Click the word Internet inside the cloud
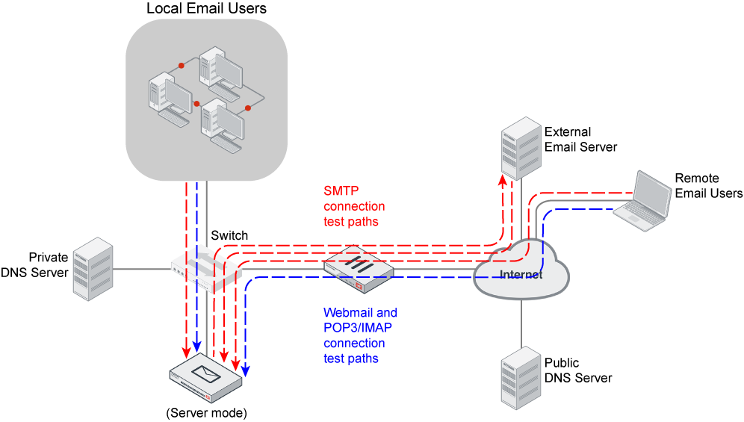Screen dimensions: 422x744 point(521,275)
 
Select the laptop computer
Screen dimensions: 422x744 point(643,197)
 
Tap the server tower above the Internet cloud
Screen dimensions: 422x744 point(521,148)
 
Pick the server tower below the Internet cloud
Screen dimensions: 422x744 point(521,377)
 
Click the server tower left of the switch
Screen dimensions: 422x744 point(93,269)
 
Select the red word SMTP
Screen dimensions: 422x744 point(341,190)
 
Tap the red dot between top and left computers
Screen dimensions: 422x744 point(181,66)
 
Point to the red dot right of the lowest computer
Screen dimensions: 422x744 point(248,108)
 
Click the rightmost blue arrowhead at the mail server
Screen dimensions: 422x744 point(246,369)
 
